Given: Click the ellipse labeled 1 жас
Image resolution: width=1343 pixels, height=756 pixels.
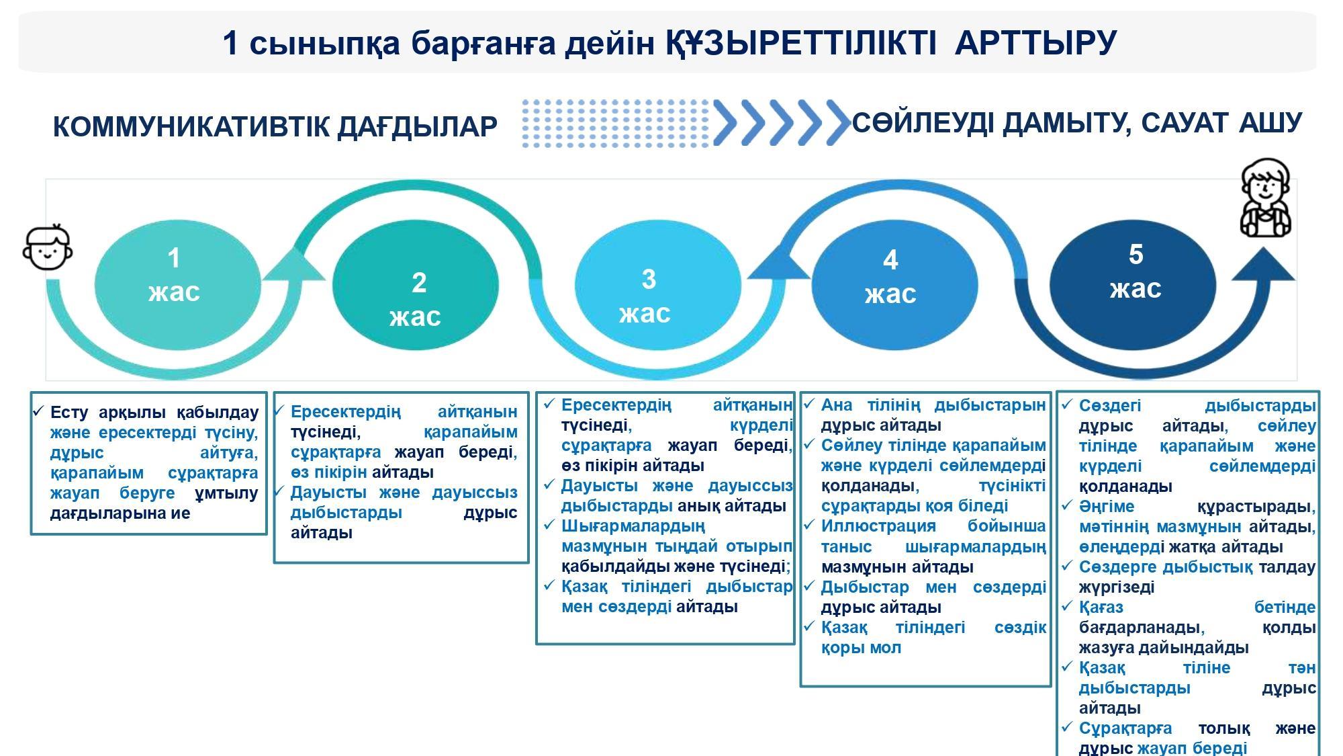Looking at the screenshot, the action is point(177,285).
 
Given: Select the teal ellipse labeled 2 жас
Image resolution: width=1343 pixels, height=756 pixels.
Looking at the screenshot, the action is point(416,285).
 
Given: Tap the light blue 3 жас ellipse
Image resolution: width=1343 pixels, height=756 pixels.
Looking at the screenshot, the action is point(658,285).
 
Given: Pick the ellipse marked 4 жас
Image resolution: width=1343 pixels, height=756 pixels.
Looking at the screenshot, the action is point(894,285).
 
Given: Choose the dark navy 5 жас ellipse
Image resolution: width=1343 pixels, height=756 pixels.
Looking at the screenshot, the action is point(1133,285).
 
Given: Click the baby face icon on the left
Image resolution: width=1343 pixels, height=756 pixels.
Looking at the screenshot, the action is point(47,247).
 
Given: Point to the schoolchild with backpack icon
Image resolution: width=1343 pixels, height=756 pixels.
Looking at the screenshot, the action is point(1265,198).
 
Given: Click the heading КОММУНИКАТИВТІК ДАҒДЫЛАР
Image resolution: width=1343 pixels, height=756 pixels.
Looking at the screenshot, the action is point(275,127).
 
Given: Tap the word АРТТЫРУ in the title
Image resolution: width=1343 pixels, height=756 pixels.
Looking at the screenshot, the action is point(1035,43).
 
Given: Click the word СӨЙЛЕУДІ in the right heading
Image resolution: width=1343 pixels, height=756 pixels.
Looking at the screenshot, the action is point(923,124).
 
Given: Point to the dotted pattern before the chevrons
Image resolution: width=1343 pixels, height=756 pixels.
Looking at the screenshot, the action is point(615,123).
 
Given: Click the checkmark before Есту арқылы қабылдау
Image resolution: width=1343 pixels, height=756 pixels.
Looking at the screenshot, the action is point(38,411).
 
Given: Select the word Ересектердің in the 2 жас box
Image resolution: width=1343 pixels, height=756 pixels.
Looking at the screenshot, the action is point(346,412).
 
